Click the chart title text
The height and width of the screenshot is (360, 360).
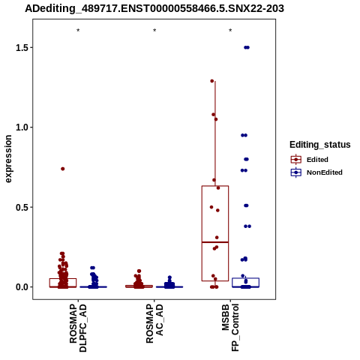click(154, 9)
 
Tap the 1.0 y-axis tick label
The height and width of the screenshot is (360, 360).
click(22, 127)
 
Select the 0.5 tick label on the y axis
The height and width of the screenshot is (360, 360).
click(22, 207)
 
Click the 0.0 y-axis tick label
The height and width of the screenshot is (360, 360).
click(22, 287)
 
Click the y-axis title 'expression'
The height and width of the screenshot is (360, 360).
click(8, 159)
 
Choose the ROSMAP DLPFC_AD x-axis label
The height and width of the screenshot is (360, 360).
click(78, 328)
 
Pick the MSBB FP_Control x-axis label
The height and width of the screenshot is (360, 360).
click(230, 328)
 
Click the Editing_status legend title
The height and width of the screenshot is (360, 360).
click(320, 145)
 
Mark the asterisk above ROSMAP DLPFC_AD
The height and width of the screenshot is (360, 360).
click(78, 31)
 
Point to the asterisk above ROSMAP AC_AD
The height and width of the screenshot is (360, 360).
click(154, 31)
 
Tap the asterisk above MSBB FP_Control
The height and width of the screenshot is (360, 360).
click(230, 31)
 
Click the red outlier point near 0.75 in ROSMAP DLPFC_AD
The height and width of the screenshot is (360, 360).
click(63, 169)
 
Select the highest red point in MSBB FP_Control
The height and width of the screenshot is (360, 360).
click(212, 81)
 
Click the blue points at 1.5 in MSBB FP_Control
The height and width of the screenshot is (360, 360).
click(247, 47)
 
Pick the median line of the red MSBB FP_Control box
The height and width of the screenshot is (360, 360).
click(215, 242)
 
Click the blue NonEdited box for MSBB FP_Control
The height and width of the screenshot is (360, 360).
click(245, 278)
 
